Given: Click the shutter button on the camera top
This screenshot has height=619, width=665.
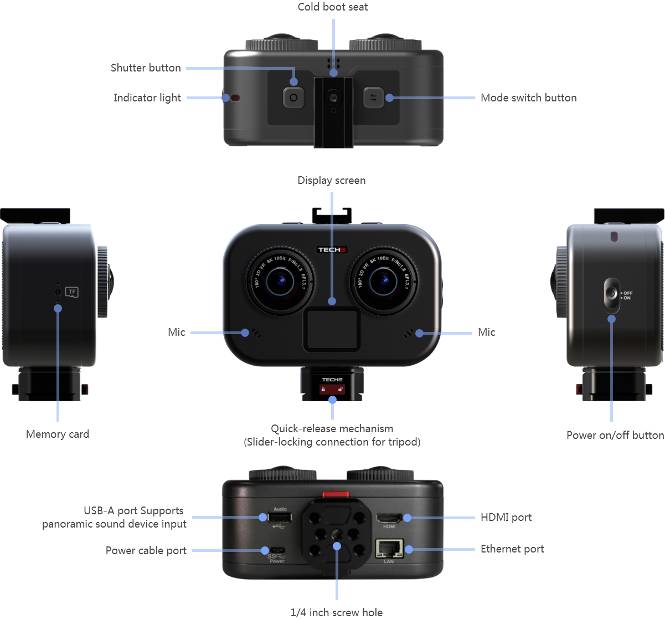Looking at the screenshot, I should (293, 98).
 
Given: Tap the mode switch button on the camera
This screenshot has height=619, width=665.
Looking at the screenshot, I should (373, 98).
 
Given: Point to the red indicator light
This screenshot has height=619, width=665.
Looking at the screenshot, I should (235, 98).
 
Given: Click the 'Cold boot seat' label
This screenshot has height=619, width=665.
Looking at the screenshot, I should (332, 7).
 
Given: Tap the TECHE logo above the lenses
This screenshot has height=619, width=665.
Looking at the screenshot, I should (332, 250).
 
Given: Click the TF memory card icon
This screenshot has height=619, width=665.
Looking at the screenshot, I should (71, 291).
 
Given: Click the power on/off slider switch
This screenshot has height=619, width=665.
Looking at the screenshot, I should (611, 295).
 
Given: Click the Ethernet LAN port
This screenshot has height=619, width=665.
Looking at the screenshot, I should (389, 549).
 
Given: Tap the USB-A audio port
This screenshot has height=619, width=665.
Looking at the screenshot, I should (279, 518).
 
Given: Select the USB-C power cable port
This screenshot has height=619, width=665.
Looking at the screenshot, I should (276, 550).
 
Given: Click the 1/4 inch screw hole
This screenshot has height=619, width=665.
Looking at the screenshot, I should (336, 536).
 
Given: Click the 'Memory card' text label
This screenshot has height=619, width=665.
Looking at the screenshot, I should (58, 434).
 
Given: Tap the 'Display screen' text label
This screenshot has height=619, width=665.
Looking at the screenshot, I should (332, 181).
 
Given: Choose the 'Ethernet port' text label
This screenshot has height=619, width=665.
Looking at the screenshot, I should (512, 549).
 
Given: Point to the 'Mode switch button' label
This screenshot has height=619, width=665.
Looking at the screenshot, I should (528, 98).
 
